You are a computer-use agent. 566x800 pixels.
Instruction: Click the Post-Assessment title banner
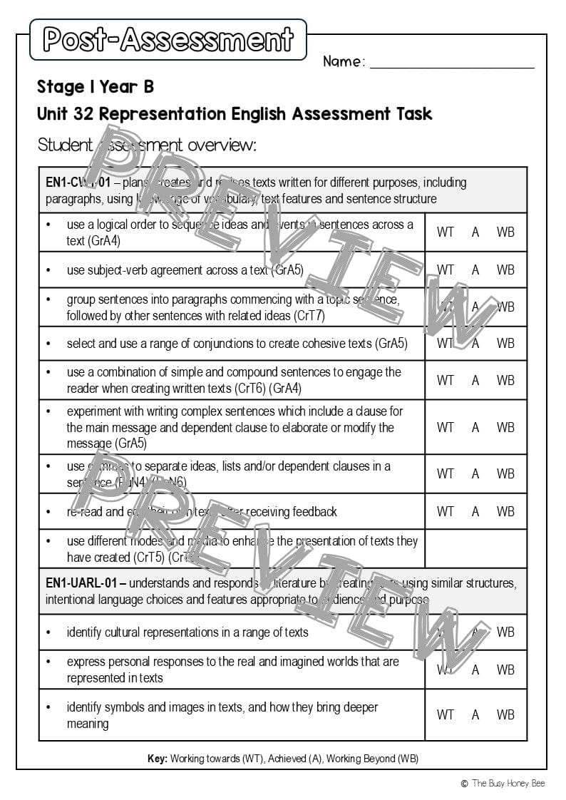(x=168, y=39)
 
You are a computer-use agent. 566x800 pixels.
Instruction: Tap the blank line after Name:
(x=452, y=62)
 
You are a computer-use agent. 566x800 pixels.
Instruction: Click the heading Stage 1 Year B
(x=95, y=87)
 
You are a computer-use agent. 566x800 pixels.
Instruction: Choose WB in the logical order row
(x=505, y=232)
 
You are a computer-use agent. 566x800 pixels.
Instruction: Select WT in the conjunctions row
(x=445, y=343)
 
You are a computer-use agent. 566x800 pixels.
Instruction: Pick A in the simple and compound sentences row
(x=475, y=380)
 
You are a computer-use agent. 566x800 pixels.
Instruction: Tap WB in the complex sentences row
(x=505, y=427)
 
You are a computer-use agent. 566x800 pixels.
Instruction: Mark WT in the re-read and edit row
(x=445, y=511)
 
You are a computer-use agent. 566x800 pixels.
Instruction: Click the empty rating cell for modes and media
(x=475, y=549)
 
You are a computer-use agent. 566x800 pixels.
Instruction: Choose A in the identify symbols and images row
(x=475, y=714)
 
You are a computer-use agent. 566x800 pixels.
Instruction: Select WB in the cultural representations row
(x=505, y=632)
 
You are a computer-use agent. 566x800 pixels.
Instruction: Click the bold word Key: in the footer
(x=157, y=759)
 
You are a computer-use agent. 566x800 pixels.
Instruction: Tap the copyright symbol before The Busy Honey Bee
(x=464, y=784)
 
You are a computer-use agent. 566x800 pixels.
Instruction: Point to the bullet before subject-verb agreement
(x=48, y=270)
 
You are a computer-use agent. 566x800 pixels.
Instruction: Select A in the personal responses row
(x=475, y=670)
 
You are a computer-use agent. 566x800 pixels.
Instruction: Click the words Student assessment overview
(x=147, y=145)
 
